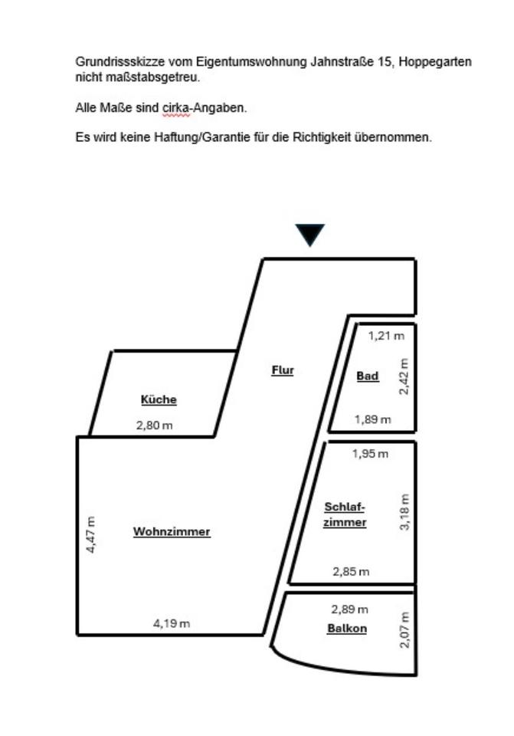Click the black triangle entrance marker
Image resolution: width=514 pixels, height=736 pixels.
pos(310,234)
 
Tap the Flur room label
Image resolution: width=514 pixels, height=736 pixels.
pos(283,370)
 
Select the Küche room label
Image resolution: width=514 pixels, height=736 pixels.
pos(159,399)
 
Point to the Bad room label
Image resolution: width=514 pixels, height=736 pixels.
pos(368,376)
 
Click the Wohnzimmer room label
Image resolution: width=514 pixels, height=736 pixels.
pos(172,531)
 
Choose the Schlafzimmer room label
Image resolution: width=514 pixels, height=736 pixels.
pos(345,514)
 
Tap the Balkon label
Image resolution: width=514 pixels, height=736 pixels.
pos(347,629)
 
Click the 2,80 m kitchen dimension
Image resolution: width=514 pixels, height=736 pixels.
pos(154,425)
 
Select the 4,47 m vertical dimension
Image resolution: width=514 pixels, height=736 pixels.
pos(91,535)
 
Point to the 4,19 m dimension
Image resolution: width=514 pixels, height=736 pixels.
pos(171,623)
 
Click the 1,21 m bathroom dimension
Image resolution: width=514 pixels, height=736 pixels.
pos(386,335)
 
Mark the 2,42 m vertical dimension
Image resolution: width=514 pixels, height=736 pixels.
pos(404,376)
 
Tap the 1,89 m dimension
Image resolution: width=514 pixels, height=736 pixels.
pos(372,419)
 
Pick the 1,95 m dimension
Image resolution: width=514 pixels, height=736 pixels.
pos(370,454)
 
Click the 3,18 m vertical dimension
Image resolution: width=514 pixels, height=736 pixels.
pos(405,512)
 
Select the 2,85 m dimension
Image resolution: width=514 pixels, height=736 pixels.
pos(351,571)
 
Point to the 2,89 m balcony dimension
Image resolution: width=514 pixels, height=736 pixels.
pos(349,609)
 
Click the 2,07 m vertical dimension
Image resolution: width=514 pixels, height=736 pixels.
pos(405,629)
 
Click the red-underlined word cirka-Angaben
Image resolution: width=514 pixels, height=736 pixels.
pos(204,108)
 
